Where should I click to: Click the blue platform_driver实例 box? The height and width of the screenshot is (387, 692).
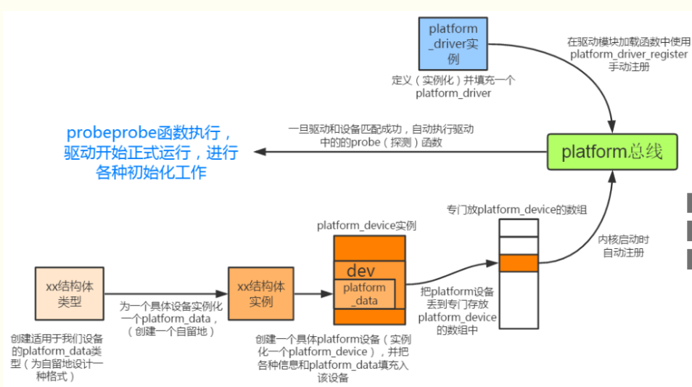pos(453,43)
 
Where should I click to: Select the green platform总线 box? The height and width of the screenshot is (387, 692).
pos(611,152)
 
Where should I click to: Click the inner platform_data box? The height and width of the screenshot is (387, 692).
pos(364,294)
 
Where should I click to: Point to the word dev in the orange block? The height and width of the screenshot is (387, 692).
pos(361,271)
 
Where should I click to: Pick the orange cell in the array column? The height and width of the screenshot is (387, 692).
pos(518,262)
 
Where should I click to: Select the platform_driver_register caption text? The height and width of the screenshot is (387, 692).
pos(628,54)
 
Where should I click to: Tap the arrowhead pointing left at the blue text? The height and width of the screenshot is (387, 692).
pos(258,152)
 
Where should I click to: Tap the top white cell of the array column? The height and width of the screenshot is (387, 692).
pos(518,228)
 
